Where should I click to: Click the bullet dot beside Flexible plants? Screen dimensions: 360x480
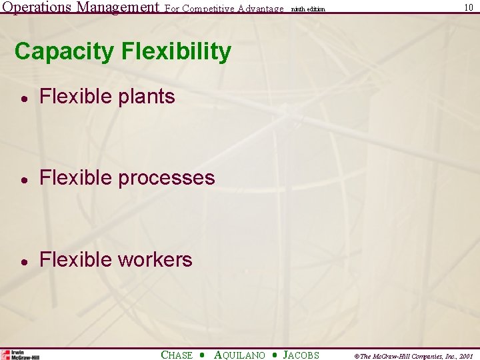coord(23,98)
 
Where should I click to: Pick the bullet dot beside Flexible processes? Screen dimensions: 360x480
coord(23,179)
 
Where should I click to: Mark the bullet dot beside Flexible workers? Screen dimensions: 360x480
coord(23,261)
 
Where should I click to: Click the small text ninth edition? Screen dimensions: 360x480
coord(308,9)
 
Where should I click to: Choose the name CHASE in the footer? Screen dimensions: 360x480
coord(177,355)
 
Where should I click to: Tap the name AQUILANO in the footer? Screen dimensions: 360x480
coord(239,355)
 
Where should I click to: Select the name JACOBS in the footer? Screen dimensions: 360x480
coord(301,355)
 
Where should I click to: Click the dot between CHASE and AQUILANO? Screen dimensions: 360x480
coord(203,355)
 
